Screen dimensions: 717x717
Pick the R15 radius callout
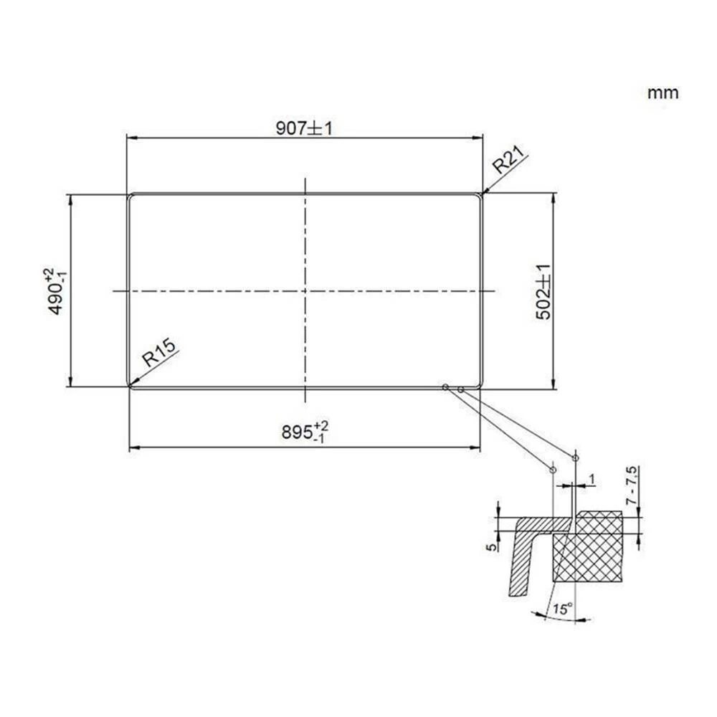click(x=157, y=356)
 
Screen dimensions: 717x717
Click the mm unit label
click(x=663, y=92)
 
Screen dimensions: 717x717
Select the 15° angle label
click(x=564, y=610)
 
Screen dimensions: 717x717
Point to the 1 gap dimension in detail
click(x=591, y=478)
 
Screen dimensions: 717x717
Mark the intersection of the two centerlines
click(x=305, y=291)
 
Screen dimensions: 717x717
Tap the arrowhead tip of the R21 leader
click(x=484, y=193)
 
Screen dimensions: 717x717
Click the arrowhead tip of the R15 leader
click(x=130, y=386)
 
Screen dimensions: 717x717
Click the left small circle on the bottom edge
click(x=445, y=387)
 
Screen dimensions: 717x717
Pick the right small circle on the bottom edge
click(x=460, y=389)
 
